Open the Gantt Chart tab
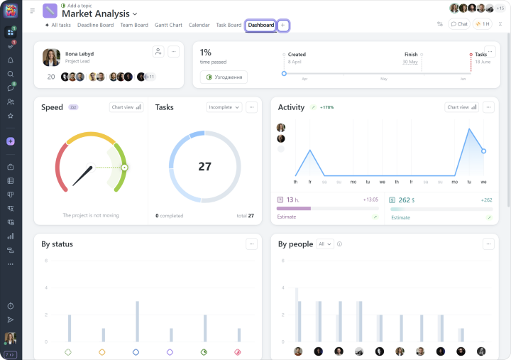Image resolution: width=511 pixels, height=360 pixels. [167, 25]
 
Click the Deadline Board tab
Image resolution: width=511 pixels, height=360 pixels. [95, 25]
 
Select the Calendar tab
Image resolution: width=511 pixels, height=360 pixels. [199, 25]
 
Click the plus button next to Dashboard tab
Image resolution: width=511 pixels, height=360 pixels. [283, 25]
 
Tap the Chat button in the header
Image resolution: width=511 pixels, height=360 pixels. [459, 24]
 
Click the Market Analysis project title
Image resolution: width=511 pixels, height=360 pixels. [96, 13]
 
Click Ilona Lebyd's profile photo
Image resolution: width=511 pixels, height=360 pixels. [51, 58]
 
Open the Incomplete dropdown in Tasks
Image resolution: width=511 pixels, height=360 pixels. [224, 107]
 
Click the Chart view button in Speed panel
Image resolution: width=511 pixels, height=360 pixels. [126, 107]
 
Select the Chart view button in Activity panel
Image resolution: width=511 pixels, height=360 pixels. [462, 107]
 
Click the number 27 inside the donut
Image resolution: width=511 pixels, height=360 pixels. [204, 167]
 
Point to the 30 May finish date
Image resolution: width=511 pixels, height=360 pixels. [410, 62]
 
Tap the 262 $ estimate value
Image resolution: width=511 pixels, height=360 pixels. [406, 200]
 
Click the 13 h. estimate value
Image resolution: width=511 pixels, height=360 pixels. [292, 200]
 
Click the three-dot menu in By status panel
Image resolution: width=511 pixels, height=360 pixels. [251, 244]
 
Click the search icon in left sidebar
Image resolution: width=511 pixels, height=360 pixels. [10, 74]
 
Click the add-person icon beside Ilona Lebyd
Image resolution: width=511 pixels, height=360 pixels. [158, 52]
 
